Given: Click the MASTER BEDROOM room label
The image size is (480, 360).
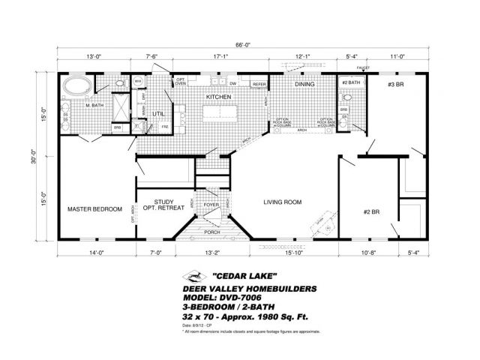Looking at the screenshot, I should (94, 209).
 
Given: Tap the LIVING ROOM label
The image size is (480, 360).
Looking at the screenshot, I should (282, 202).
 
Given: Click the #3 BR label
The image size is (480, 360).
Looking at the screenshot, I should (396, 85).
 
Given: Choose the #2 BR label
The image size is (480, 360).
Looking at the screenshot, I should (372, 212).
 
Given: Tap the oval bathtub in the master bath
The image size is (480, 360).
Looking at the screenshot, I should (76, 85).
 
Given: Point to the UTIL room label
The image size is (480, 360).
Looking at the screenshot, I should (158, 113).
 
